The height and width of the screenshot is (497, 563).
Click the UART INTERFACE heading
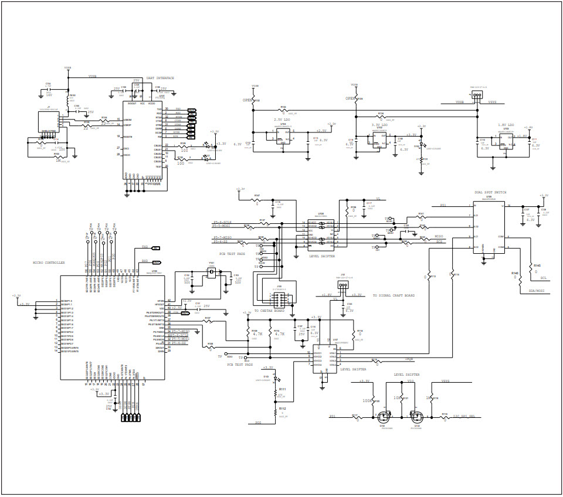point(160,78)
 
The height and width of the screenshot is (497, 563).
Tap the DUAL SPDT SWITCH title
point(490,192)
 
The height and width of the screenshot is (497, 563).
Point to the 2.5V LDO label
point(283,120)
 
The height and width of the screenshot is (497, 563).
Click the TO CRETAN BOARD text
point(269,311)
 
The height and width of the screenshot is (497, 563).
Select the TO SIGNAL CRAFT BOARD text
point(394,295)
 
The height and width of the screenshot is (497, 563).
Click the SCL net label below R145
point(544,278)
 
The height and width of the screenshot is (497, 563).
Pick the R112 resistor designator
point(282,409)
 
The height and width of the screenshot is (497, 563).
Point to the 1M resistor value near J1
point(58,160)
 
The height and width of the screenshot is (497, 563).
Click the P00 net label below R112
point(258,422)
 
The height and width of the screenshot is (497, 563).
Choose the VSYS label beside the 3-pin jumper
point(493,102)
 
